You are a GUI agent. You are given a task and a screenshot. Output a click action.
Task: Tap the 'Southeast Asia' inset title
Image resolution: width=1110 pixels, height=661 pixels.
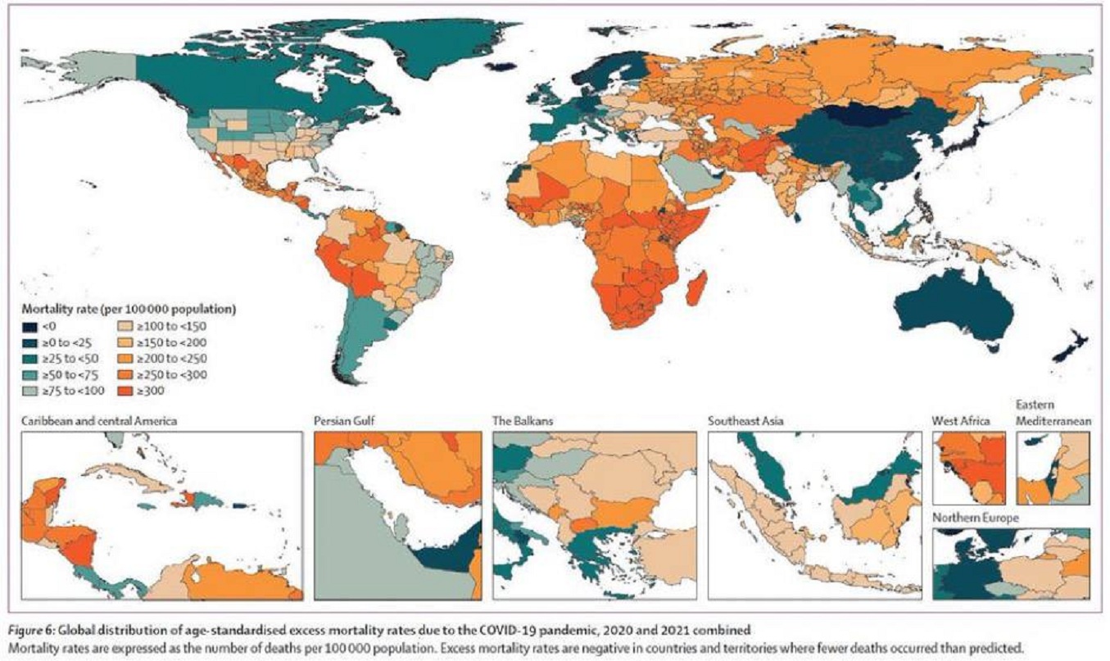click(744, 421)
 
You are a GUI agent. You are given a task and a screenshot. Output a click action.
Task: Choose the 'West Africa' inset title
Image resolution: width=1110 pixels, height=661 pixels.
click(961, 421)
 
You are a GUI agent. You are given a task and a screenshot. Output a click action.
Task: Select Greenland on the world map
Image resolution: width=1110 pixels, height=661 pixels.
click(426, 45)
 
